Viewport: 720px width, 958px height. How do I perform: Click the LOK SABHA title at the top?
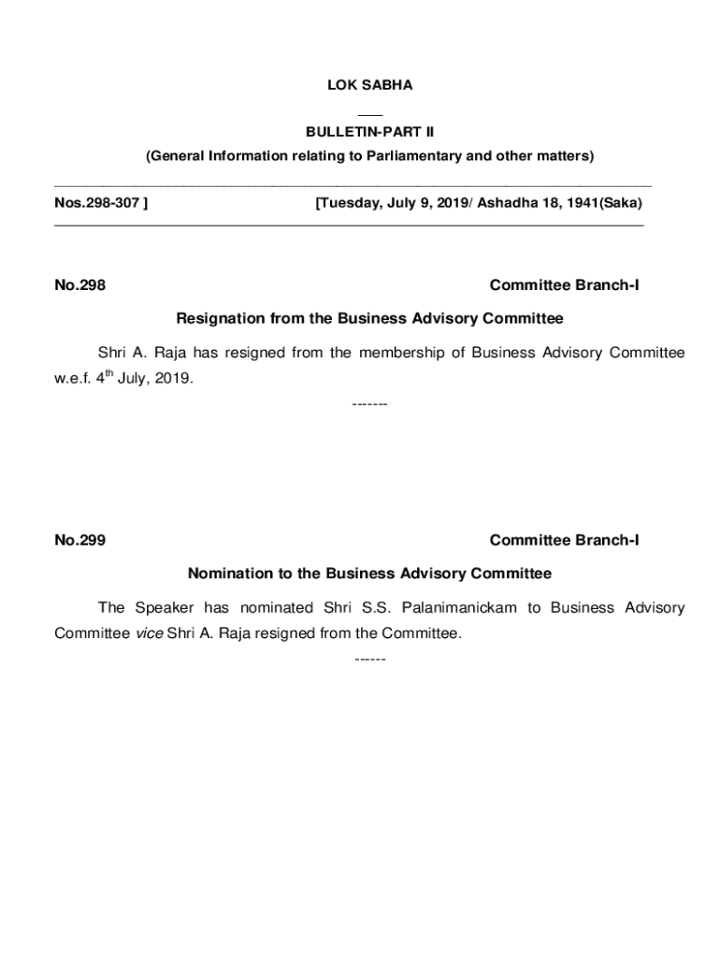369,85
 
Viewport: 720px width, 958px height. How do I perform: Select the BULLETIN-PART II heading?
369,132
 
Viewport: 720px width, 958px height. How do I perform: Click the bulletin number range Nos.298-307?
100,203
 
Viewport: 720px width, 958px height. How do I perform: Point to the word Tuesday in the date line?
346,203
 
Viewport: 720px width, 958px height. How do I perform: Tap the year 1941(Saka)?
599,203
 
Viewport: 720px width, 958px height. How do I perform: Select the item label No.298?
79,285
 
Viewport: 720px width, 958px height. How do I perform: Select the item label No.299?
79,540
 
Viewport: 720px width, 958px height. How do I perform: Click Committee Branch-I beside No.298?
564,285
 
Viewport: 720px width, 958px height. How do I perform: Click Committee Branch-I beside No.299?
564,540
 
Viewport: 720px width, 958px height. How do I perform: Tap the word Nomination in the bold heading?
227,573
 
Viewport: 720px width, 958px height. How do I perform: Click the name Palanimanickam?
459,608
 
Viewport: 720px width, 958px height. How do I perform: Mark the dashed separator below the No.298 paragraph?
369,404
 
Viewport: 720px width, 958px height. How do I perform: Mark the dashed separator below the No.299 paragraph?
369,659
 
